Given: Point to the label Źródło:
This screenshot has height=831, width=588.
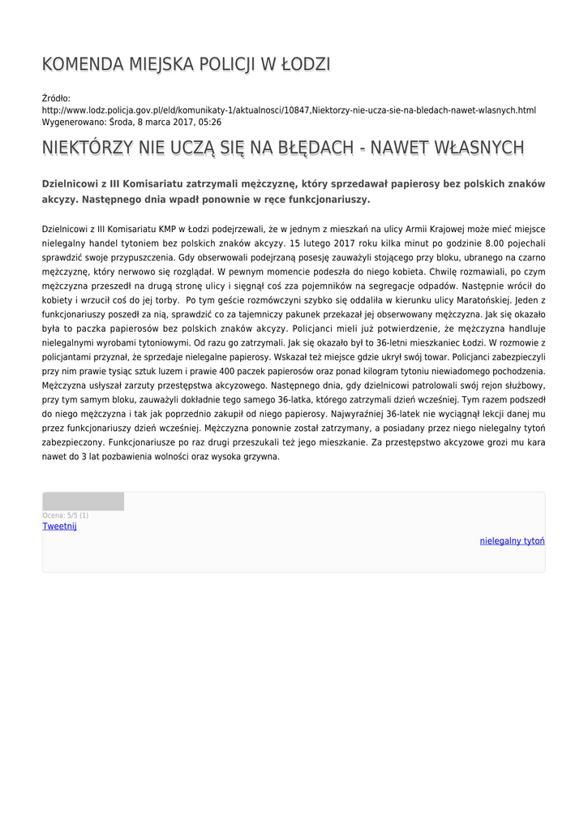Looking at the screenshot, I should [57, 98].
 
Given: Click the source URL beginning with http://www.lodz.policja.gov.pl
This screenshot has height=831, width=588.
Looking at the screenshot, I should [289, 110].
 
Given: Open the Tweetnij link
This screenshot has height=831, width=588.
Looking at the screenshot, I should [59, 526].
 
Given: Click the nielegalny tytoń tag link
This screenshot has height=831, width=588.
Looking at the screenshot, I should [512, 540].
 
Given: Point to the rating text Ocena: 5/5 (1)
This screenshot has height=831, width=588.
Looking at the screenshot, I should [66, 515].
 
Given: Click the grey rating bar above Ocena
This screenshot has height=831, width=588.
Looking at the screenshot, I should [83, 502].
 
